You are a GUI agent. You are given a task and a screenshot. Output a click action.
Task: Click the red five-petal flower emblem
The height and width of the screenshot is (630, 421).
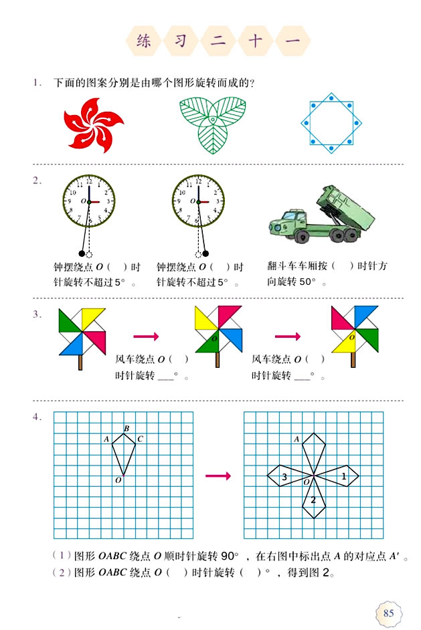[94, 124]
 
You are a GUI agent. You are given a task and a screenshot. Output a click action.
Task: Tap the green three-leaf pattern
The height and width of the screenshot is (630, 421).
[212, 124]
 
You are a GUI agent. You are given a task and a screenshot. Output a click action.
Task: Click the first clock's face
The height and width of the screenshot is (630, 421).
[89, 201]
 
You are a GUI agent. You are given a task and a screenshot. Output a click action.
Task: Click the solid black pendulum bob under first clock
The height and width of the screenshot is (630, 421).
[82, 253]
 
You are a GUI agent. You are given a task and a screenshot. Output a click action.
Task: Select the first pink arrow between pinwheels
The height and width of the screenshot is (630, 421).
[146, 336]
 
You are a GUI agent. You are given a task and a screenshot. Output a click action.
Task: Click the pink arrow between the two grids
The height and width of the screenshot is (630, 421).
[218, 476]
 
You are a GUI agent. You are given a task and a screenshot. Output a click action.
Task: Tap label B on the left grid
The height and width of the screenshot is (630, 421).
[126, 428]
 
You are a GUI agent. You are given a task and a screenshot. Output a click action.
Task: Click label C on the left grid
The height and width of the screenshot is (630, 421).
[139, 439]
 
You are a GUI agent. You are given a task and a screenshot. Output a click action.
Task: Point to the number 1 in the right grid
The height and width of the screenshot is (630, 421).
[344, 476]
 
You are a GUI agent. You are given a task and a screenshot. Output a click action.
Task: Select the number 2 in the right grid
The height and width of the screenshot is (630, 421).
[313, 500]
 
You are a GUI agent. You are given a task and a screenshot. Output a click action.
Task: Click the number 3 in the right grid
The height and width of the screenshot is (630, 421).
[284, 477]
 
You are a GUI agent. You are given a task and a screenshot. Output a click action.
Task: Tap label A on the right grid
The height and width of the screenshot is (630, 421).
[297, 439]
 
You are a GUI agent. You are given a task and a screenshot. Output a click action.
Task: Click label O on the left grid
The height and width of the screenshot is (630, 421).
[118, 480]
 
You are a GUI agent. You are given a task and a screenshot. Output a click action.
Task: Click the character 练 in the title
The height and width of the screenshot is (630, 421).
[144, 41]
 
